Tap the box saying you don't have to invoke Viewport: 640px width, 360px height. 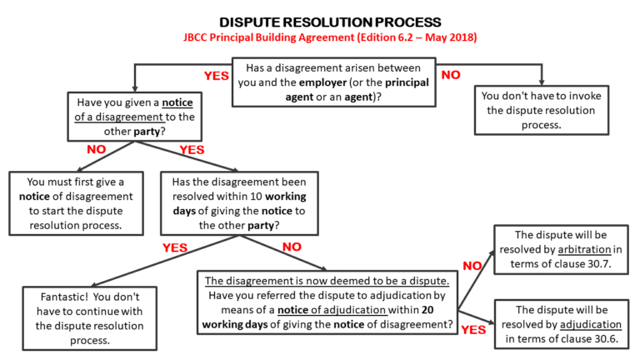(x=540, y=108)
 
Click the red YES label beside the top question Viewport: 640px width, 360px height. (x=216, y=76)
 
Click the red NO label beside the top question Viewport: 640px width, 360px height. (x=451, y=75)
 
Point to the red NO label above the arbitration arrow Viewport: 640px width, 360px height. (x=472, y=266)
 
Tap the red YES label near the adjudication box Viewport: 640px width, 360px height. (x=473, y=329)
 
